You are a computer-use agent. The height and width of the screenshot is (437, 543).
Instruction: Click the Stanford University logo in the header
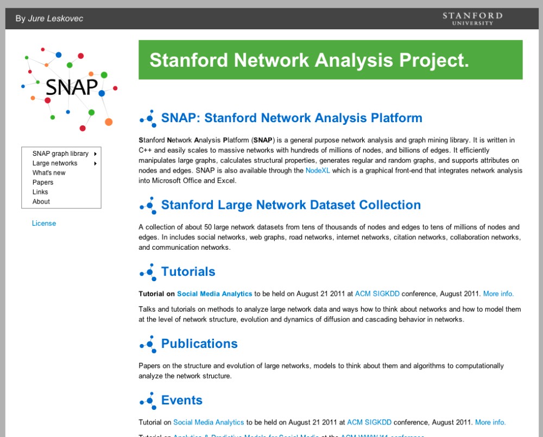(x=472, y=18)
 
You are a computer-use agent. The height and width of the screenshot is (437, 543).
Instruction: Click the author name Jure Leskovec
(x=55, y=18)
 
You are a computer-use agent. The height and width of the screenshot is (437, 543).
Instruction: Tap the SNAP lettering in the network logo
(x=72, y=87)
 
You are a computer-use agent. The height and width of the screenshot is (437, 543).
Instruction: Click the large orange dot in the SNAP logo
(x=109, y=122)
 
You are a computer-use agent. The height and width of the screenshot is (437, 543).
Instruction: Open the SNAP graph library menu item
(x=60, y=154)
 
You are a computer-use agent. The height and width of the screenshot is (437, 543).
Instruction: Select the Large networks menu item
(x=55, y=163)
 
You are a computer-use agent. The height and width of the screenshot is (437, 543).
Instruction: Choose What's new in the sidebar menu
(x=49, y=173)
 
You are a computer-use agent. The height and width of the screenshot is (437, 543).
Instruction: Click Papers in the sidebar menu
(x=42, y=182)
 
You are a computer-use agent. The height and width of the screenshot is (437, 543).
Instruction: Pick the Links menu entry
(x=40, y=192)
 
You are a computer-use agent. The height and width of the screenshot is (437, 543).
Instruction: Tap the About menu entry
(x=41, y=201)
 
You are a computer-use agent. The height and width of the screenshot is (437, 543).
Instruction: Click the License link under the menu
(x=44, y=223)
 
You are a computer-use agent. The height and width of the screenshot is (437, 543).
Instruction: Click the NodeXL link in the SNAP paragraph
(x=318, y=170)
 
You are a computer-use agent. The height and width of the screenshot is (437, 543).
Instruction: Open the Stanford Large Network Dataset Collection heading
(x=291, y=205)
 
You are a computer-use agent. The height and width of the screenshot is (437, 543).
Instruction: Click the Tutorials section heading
(x=188, y=271)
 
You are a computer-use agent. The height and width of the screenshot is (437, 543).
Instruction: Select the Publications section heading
(x=199, y=344)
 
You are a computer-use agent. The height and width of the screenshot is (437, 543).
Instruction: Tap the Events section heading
(x=182, y=400)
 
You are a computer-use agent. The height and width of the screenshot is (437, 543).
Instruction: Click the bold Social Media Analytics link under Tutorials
(x=214, y=294)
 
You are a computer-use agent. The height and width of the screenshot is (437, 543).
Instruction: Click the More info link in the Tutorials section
(x=498, y=294)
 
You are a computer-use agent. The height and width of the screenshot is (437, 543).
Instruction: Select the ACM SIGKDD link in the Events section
(x=369, y=422)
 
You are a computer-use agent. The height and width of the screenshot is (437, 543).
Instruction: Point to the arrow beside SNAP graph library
(x=95, y=154)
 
